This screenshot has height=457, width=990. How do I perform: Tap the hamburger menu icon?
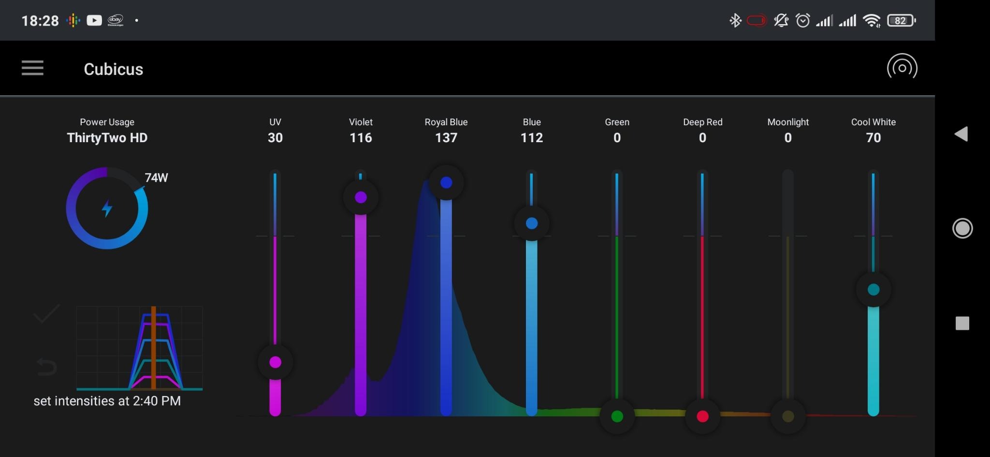pos(32,68)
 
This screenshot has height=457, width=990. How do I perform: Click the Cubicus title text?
pos(113,69)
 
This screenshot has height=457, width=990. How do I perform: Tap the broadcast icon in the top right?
pos(902,68)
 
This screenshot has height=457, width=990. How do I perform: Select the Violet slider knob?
pos(361,197)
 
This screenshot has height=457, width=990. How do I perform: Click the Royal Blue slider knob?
pos(446,183)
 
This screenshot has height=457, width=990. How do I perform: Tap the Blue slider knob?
pos(532,223)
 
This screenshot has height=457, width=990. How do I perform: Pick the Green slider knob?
pos(617,416)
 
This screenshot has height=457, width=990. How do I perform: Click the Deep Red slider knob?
pos(702,416)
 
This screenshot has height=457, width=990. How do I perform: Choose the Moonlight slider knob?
pos(788,416)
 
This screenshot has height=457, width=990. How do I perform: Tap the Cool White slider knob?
pos(874,290)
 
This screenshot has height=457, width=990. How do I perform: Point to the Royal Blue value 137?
pos(446,138)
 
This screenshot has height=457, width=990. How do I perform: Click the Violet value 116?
pos(361,138)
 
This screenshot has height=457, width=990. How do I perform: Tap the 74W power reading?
pos(156,178)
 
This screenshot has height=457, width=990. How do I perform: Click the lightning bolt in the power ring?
pos(107,208)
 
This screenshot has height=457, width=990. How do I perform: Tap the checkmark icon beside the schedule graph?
pos(46,314)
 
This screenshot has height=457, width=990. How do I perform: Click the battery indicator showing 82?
pos(901,21)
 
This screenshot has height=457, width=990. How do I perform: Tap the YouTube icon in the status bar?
pos(94,20)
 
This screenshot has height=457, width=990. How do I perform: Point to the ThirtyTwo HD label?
pos(107,138)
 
